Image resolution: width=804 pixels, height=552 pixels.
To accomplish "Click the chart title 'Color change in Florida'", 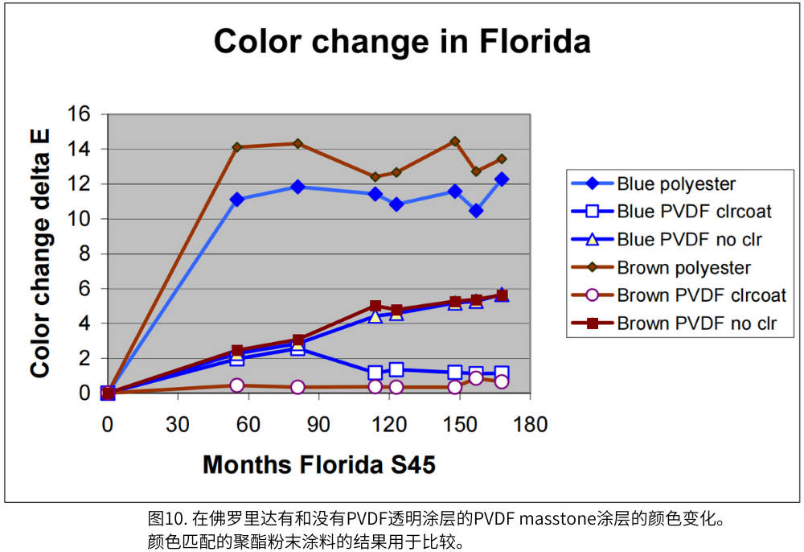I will (x=401, y=42).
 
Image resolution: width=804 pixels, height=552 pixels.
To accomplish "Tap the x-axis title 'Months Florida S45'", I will (x=319, y=464).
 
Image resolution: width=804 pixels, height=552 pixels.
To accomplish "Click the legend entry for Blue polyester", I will (x=676, y=183).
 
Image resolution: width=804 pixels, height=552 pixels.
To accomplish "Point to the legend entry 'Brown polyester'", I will (x=683, y=267).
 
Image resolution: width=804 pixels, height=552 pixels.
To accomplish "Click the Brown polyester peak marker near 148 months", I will (x=455, y=142).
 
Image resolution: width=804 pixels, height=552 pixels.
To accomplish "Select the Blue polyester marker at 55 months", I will (x=236, y=200).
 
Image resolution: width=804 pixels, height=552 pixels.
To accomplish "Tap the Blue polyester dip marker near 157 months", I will (x=476, y=211).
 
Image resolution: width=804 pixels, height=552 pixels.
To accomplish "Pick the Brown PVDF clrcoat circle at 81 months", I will (x=298, y=387).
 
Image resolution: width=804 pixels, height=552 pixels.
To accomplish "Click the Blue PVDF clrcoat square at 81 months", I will (x=298, y=349).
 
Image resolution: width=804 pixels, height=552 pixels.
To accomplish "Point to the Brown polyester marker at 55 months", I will (x=236, y=147).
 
